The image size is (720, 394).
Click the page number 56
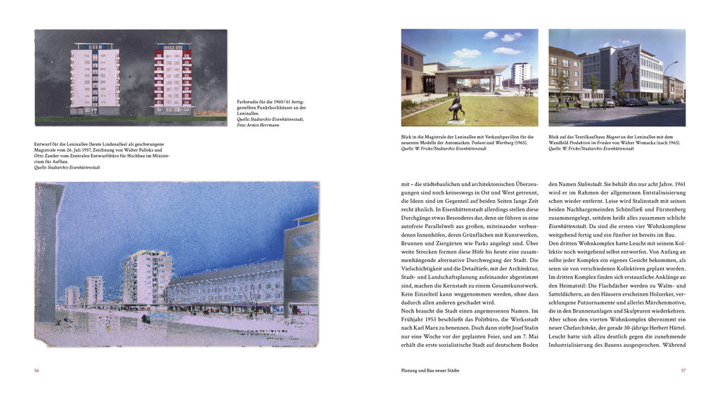(37, 370)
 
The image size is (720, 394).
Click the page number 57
(683, 370)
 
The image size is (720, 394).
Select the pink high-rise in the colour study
(94, 79)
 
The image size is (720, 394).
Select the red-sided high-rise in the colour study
(173, 79)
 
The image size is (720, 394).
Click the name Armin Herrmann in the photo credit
(264, 125)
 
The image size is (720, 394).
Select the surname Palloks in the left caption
(141, 150)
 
